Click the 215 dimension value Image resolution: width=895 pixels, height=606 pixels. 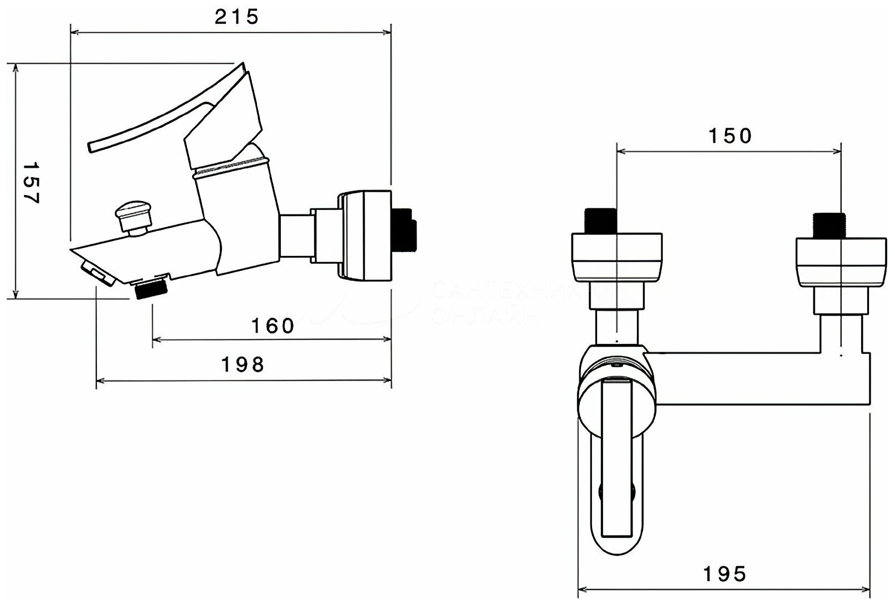(x=236, y=17)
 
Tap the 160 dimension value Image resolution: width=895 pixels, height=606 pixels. (x=273, y=326)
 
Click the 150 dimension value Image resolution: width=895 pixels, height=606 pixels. (x=731, y=136)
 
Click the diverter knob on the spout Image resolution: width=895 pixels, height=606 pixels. (x=132, y=216)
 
